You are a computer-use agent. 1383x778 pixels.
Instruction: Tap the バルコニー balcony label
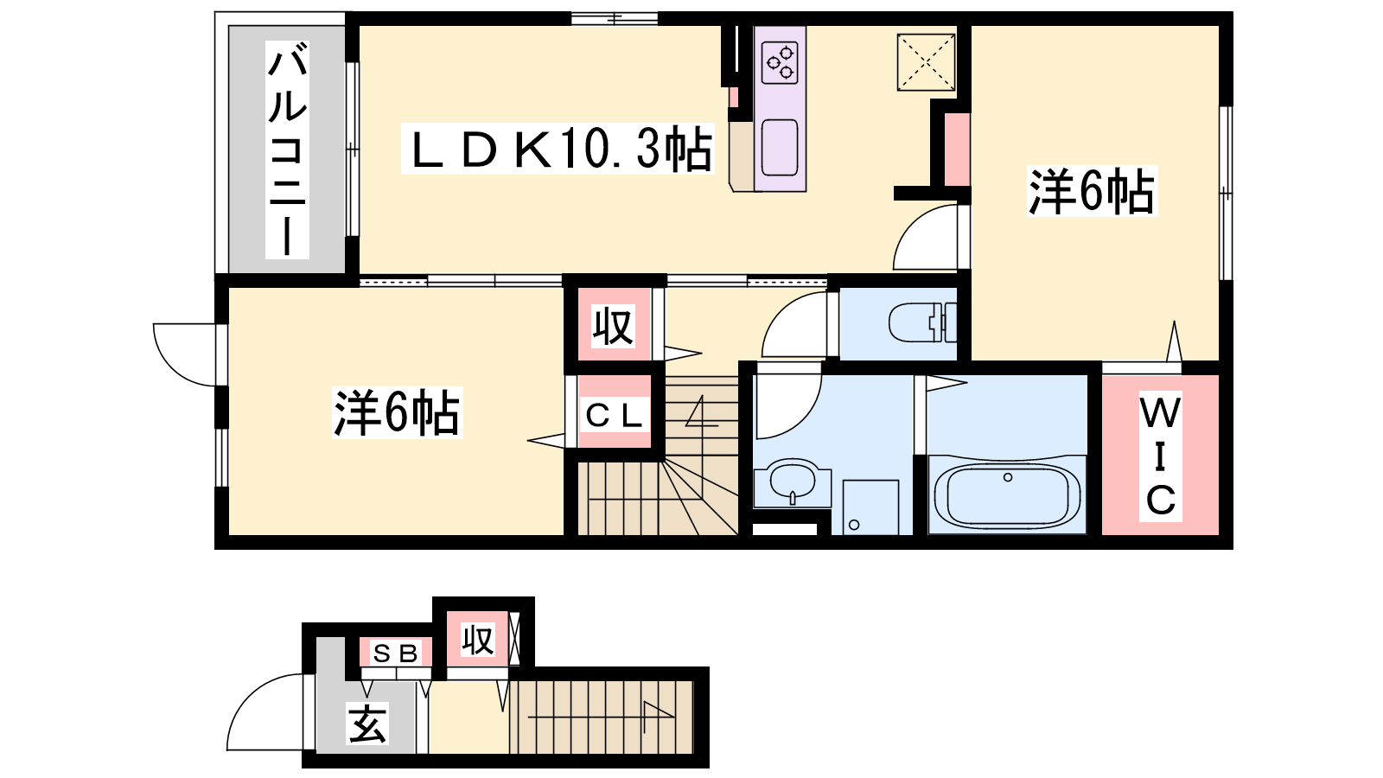click(x=287, y=150)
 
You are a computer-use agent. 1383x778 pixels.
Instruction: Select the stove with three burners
click(x=780, y=62)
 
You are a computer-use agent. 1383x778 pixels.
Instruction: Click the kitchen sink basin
click(x=780, y=148)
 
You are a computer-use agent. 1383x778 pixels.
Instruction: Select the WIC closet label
click(x=1160, y=456)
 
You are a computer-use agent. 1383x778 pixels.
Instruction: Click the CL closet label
click(x=614, y=416)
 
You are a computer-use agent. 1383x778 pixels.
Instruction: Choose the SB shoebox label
click(x=396, y=654)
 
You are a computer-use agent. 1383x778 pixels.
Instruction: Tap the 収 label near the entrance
click(x=478, y=640)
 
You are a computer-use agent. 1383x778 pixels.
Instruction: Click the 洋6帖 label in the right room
click(x=1092, y=191)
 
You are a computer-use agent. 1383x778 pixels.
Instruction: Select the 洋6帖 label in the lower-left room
click(x=397, y=413)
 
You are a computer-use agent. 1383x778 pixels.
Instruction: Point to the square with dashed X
click(x=926, y=62)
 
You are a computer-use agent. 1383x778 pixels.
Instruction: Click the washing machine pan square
click(x=870, y=507)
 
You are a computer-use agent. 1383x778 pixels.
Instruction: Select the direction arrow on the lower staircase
click(x=600, y=717)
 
